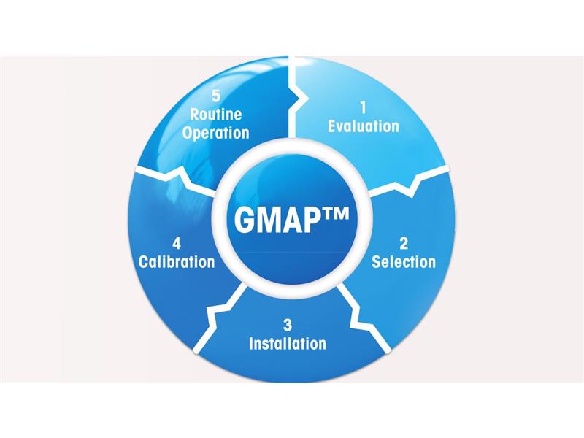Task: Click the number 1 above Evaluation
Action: [x=363, y=108]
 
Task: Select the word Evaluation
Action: [x=364, y=126]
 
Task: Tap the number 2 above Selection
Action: [x=404, y=244]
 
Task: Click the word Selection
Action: [x=404, y=262]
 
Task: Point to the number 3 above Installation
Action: [x=288, y=325]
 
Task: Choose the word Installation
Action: [x=288, y=343]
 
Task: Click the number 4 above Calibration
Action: [x=177, y=244]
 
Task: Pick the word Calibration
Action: [x=177, y=262]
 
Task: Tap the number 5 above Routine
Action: [x=216, y=96]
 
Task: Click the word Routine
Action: [x=216, y=115]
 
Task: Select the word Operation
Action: [x=216, y=133]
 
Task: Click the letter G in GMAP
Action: [x=245, y=220]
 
